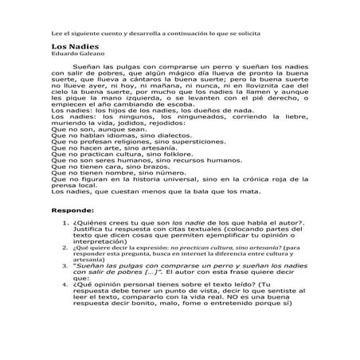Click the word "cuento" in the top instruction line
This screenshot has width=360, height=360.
[x=105, y=34]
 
